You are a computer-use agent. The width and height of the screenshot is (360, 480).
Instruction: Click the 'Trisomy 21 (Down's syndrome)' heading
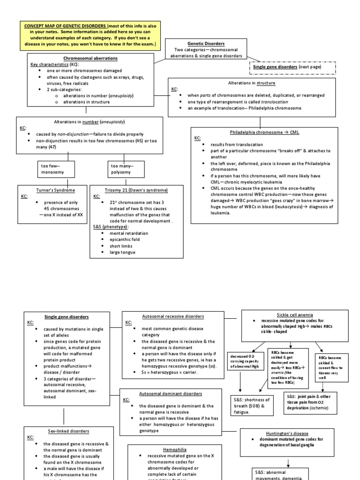136,190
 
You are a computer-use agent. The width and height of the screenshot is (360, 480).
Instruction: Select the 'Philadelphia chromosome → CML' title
264,132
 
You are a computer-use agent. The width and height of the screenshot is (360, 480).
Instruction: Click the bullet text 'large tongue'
122,252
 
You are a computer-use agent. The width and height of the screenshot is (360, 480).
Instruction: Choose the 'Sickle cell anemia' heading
295,315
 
